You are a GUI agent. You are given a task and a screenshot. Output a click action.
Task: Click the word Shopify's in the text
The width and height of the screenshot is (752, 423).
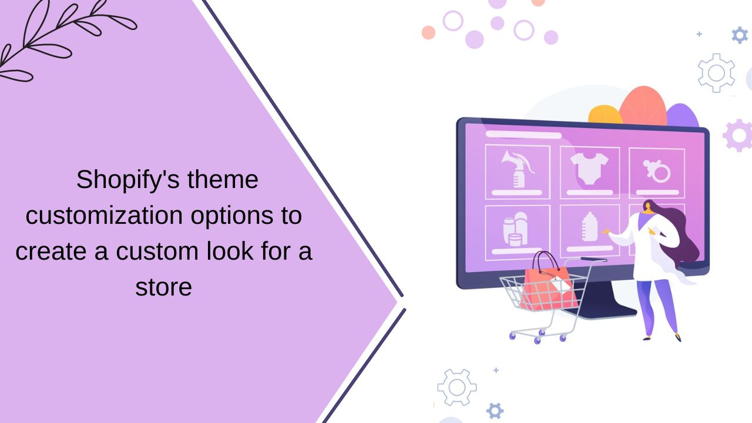128,180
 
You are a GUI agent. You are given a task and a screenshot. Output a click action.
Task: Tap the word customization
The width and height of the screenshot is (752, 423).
104,216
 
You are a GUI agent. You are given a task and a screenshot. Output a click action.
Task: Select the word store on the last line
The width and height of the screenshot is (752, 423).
163,287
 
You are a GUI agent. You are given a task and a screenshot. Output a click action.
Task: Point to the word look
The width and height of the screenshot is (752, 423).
230,251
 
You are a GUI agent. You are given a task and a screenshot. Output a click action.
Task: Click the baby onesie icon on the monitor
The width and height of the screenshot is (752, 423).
589,169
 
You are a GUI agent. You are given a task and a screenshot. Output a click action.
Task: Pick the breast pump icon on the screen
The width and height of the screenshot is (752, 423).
518,169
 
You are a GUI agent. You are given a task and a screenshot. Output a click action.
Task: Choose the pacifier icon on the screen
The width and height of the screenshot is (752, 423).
657,171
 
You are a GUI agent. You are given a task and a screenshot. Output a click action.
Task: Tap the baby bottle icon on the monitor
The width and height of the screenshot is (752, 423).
589,227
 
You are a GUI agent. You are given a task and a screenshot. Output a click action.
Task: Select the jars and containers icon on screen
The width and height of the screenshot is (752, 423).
515,229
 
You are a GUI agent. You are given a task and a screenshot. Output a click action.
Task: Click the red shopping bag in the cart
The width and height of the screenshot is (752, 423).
549,286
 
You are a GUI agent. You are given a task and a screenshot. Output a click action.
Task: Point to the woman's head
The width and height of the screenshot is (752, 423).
649,207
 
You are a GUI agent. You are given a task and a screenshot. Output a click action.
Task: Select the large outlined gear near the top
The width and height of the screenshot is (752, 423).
716,73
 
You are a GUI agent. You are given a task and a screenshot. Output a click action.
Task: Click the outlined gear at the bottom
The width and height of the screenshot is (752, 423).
456,387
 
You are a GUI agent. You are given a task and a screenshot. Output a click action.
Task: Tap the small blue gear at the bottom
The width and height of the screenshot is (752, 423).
495,411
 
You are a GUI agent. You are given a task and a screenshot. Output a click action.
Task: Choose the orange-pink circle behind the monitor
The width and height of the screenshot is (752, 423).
643,107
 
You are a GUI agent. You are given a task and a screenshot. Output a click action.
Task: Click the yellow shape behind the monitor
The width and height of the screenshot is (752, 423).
605,114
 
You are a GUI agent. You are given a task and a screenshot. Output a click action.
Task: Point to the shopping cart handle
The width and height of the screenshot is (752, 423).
593,260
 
